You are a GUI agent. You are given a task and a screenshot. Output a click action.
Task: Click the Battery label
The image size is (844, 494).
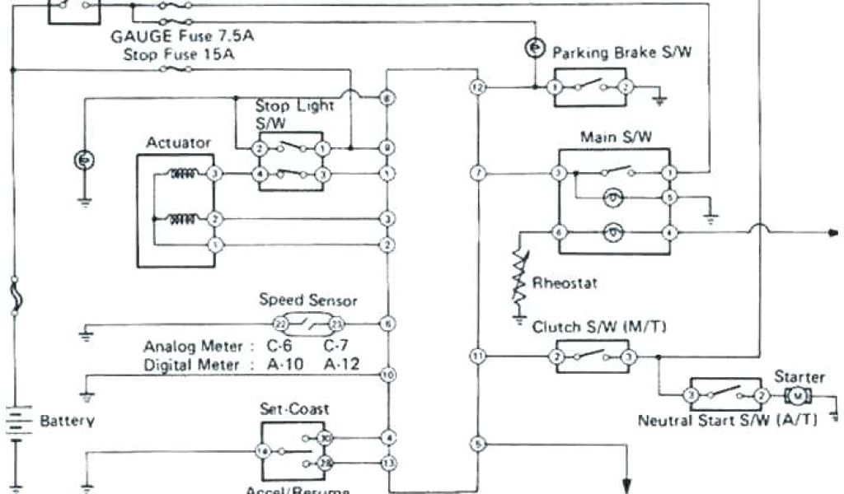[67, 421]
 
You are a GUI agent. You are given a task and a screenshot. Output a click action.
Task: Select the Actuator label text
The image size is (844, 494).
[177, 142]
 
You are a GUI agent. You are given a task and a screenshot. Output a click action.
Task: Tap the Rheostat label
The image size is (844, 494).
[565, 283]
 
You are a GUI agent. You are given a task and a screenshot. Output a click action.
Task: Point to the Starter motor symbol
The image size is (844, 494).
[797, 396]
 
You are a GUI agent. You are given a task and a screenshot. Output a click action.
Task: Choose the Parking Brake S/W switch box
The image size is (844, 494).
[590, 86]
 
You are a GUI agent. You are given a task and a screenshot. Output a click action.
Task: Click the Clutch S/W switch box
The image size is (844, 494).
[593, 357]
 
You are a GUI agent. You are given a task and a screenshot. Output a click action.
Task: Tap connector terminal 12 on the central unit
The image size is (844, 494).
[476, 86]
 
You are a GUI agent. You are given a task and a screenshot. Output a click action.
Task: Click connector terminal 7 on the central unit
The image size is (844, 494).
[476, 173]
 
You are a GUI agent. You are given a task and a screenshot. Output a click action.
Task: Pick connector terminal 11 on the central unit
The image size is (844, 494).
[476, 356]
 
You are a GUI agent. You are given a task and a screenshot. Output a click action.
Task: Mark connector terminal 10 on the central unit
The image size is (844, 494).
[387, 375]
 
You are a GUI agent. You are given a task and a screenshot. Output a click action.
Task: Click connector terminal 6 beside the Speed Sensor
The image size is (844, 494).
[387, 324]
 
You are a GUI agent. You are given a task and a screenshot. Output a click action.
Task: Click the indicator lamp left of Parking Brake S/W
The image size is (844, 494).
[535, 49]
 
